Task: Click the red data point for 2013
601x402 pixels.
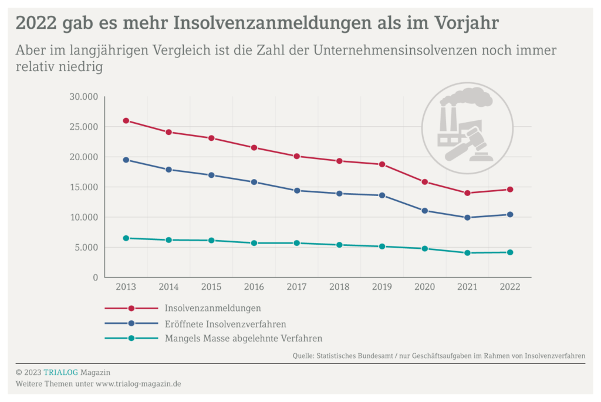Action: pyautogui.click(x=126, y=121)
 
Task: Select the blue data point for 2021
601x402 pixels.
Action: pyautogui.click(x=467, y=218)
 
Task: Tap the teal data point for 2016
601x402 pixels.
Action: pyautogui.click(x=254, y=243)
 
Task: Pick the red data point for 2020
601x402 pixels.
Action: pyautogui.click(x=424, y=182)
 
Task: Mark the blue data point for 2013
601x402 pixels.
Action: pyautogui.click(x=126, y=160)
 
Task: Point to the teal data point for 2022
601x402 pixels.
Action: pyautogui.click(x=510, y=252)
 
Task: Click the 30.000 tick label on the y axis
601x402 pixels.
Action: pyautogui.click(x=83, y=97)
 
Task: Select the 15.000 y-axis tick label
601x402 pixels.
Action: pyautogui.click(x=83, y=187)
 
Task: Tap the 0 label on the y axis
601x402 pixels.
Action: pyautogui.click(x=95, y=278)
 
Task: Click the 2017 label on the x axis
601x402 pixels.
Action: pyautogui.click(x=296, y=288)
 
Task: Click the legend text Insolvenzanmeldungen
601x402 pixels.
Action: pyautogui.click(x=212, y=308)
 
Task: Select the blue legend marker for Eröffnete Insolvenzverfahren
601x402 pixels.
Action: pyautogui.click(x=131, y=323)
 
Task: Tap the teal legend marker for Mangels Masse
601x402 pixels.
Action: pyautogui.click(x=131, y=339)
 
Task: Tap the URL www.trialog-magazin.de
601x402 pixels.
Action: pyautogui.click(x=138, y=384)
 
